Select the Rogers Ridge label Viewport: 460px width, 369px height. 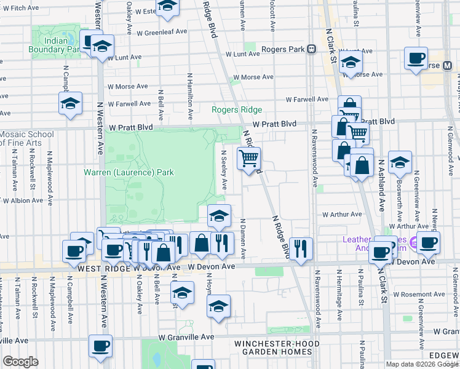[x=237, y=110]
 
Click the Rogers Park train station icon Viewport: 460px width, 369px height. [x=312, y=49]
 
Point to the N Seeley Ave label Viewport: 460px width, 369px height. [x=224, y=171]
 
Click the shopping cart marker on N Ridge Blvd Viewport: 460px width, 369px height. [x=248, y=159]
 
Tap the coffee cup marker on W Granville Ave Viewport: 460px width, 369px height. [x=101, y=346]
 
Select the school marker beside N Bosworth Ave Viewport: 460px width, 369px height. [x=400, y=163]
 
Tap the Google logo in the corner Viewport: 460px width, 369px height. [x=20, y=362]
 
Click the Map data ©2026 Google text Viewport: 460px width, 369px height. [x=421, y=364]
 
